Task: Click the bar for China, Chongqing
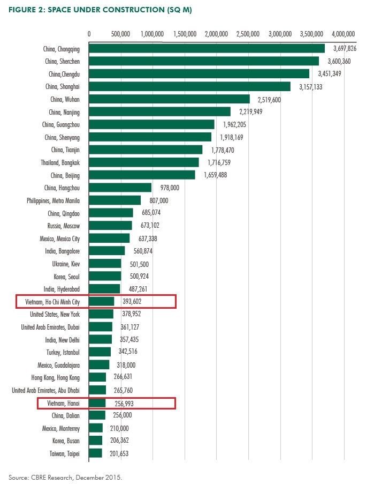point(207,48)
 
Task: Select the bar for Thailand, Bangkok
point(144,162)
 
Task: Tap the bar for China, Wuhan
point(169,99)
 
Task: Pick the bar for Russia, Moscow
point(110,226)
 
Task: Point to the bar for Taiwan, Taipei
point(95,453)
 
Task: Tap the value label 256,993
point(120,403)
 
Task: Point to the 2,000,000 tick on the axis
point(217,33)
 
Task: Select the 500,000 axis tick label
point(120,33)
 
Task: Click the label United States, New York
point(55,315)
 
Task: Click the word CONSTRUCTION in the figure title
point(98,10)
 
